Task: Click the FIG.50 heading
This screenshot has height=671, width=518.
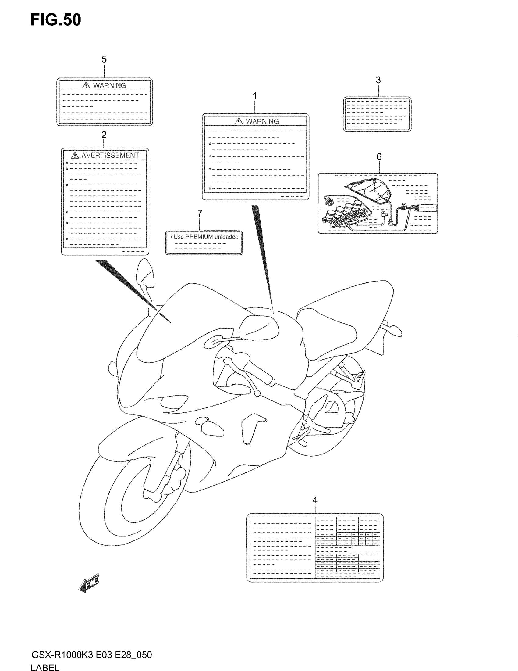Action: point(55,20)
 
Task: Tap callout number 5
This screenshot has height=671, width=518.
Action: point(104,59)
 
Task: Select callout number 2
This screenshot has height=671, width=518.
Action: point(104,135)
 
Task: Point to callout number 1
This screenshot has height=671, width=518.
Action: point(254,96)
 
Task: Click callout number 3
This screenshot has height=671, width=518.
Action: point(378,80)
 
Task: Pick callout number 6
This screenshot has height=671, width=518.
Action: point(379,157)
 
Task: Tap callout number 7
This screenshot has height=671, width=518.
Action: point(200,213)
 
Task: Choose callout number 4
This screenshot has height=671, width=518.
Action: point(314,500)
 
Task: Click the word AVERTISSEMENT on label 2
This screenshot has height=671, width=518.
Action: point(110,156)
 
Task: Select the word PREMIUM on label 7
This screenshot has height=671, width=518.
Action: point(199,237)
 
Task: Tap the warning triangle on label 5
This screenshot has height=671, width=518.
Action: point(86,85)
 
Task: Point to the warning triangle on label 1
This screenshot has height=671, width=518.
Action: point(239,121)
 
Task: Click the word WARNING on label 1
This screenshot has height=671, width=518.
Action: point(262,121)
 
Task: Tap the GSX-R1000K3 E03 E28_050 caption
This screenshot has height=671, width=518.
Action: point(91,655)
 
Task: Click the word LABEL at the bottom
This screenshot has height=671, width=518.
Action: point(45,667)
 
